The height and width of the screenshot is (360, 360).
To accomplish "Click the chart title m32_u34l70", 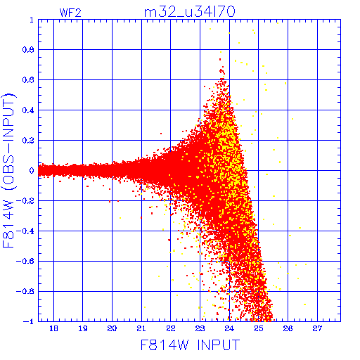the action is coord(189,12).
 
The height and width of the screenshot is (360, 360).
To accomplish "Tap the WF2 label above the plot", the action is coord(70,13).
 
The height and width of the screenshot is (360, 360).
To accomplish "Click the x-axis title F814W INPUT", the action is coord(190,345).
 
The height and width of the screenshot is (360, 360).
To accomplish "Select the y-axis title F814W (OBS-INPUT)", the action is coord(8,170).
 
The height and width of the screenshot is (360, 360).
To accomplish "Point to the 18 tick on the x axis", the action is coord(53,328).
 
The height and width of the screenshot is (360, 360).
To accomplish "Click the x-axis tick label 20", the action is coord(112,328).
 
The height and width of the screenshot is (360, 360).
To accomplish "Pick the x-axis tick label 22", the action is coord(171,328).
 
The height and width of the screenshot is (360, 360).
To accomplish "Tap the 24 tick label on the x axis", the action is coord(229,328).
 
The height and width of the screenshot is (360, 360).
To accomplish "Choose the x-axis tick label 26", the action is coord(288,328).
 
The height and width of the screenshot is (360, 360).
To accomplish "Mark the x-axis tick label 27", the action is coord(317,328).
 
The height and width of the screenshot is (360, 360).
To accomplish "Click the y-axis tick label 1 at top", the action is coord(32,20).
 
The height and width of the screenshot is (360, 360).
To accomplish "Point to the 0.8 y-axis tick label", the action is coord(28,50).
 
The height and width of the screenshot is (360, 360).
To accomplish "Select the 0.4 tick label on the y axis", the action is coord(28,110).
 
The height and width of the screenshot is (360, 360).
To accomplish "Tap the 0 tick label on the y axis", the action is coord(32,171).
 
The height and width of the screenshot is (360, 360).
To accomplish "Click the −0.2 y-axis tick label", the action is coord(25,201).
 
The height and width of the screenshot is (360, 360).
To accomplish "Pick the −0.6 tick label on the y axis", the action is coord(25,261).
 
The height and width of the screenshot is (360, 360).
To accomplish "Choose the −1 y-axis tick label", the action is coord(29,321).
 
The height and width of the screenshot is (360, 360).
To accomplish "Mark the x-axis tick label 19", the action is coord(83,328).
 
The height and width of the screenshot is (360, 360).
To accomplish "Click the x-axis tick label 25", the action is coord(259,328).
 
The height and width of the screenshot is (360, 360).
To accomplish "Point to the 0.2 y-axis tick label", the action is coord(28,141).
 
